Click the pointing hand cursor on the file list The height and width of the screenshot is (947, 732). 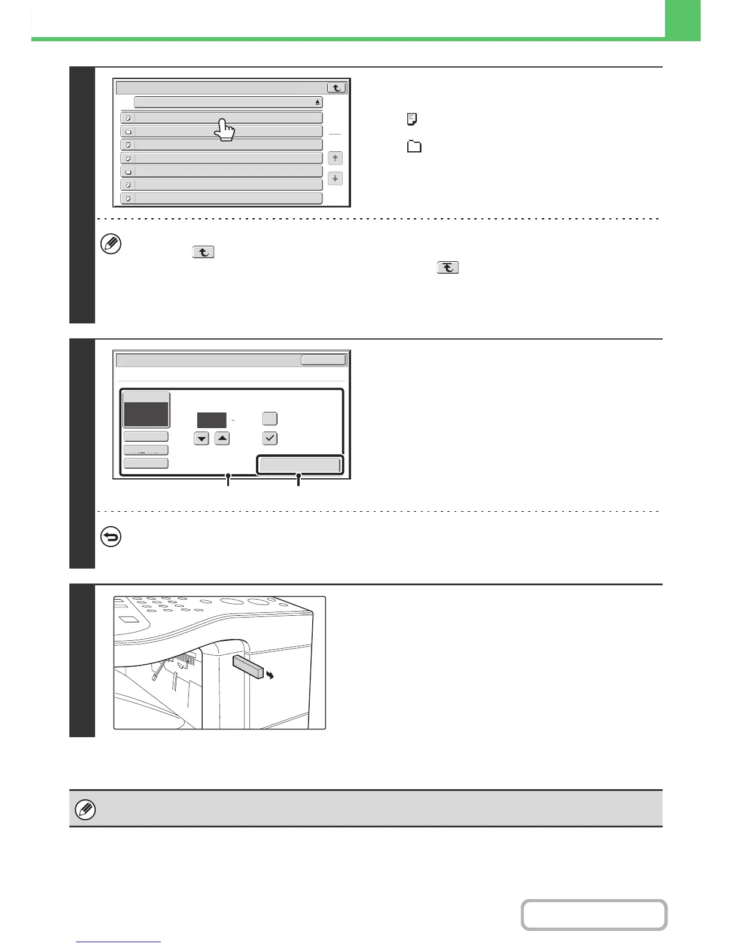[x=225, y=130]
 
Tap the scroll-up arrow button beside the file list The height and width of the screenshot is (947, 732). [x=335, y=158]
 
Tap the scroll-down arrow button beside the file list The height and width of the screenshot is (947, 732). [x=335, y=178]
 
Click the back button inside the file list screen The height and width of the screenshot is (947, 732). [x=337, y=87]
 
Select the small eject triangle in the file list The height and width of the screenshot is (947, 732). [x=318, y=103]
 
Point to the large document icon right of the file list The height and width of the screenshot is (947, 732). [x=412, y=120]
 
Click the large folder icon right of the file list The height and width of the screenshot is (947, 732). [x=414, y=146]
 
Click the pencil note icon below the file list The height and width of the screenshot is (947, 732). [x=112, y=244]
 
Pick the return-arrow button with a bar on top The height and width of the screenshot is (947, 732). [x=448, y=268]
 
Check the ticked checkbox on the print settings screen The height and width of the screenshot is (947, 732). [x=270, y=438]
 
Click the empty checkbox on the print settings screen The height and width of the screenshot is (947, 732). [x=270, y=418]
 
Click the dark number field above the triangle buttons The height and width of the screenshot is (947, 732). [x=212, y=420]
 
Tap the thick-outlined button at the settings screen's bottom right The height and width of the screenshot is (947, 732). [x=300, y=465]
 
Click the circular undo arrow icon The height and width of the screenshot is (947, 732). [x=112, y=537]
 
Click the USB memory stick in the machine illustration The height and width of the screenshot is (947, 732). [x=248, y=666]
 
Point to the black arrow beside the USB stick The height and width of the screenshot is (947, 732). [x=270, y=675]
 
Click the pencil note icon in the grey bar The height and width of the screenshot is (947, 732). [x=86, y=810]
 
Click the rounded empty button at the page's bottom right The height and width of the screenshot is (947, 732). [x=594, y=915]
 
